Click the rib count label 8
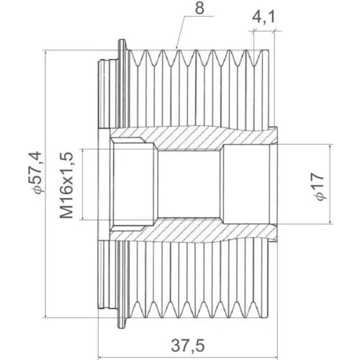(x=199, y=8)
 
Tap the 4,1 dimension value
(x=264, y=17)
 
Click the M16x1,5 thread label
(x=66, y=185)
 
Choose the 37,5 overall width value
(x=188, y=346)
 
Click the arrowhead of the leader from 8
(x=176, y=48)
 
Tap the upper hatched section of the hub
(x=192, y=138)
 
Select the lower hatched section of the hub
(x=192, y=230)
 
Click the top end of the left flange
(x=122, y=40)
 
